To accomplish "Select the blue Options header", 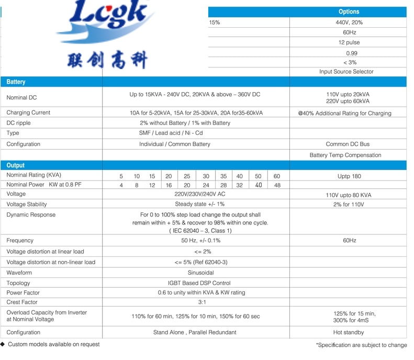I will [349, 12].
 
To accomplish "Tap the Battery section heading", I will [16, 82].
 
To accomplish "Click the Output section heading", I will [16, 165].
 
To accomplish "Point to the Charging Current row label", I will [28, 113].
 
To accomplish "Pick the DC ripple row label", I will [18, 123].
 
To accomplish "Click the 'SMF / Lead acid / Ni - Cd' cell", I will [171, 133].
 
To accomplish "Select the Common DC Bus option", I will [348, 144].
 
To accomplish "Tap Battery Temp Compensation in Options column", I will [345, 155].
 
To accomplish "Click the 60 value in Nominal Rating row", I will [277, 176].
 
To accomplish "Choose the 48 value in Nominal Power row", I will [277, 185].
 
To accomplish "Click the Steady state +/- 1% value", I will [199, 204].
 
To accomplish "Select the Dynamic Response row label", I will [31, 215].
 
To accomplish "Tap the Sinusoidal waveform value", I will [200, 273].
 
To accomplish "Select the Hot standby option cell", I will [348, 332].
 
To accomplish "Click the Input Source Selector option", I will [346, 72].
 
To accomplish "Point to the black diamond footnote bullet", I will [3, 344].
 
